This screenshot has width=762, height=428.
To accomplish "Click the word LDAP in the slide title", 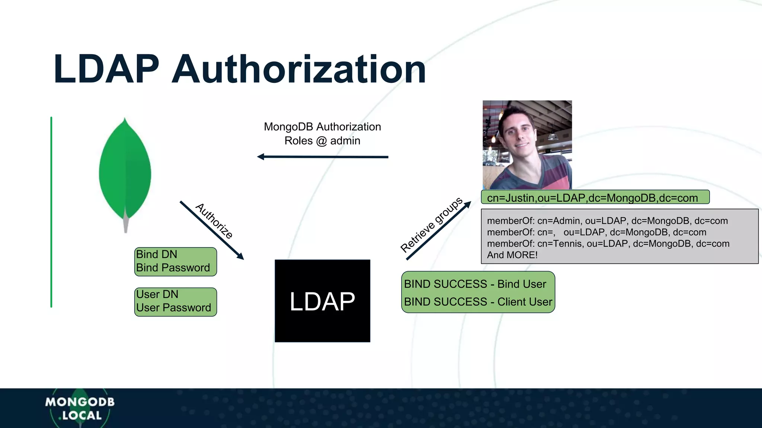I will pyautogui.click(x=106, y=69).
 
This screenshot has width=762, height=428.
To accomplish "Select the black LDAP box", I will pyautogui.click(x=322, y=301).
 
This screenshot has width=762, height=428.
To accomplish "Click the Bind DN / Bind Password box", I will pyautogui.click(x=175, y=262).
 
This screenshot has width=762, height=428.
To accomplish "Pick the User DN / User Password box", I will pyautogui.click(x=175, y=302).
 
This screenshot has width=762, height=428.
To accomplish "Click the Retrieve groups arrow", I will pyautogui.click(x=439, y=230).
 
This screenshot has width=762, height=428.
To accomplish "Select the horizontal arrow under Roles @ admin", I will pyautogui.click(x=322, y=157).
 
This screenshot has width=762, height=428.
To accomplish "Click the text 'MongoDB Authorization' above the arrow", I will pyautogui.click(x=322, y=127).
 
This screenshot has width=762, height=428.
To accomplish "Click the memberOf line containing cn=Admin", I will pyautogui.click(x=607, y=221).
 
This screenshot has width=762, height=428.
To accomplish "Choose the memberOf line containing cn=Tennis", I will pyautogui.click(x=608, y=244).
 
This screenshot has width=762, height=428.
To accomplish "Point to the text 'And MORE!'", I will pyautogui.click(x=512, y=255).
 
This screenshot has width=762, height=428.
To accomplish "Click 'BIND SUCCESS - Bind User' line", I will pyautogui.click(x=475, y=284).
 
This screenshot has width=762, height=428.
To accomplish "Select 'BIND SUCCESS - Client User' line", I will pyautogui.click(x=478, y=302).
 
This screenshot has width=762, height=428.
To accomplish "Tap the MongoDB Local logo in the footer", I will pyautogui.click(x=80, y=408).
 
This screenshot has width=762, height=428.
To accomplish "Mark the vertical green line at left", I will pyautogui.click(x=51, y=212).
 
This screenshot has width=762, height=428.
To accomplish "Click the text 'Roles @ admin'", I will pyautogui.click(x=322, y=141).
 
